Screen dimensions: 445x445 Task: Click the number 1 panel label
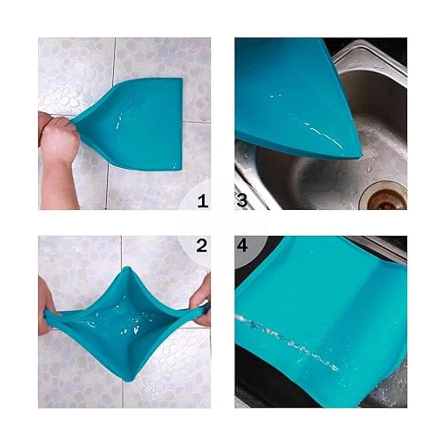tap(203, 201)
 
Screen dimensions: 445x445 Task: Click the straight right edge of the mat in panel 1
tap(182, 125)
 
